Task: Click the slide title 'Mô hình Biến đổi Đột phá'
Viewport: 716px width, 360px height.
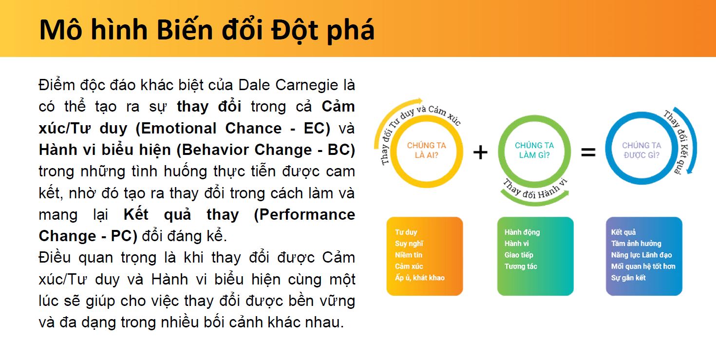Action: pyautogui.click(x=207, y=30)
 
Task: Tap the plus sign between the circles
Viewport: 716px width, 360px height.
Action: pyautogui.click(x=480, y=152)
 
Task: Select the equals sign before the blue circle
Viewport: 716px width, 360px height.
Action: pyautogui.click(x=588, y=152)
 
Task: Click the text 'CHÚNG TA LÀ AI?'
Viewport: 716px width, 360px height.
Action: pyautogui.click(x=426, y=150)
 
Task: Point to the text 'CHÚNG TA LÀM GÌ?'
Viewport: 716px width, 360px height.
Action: pyautogui.click(x=534, y=150)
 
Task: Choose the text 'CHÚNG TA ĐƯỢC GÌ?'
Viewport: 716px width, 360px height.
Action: pyautogui.click(x=641, y=150)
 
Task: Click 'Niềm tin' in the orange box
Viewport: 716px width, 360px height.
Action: pyautogui.click(x=409, y=255)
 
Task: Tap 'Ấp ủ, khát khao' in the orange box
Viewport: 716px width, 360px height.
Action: pyautogui.click(x=420, y=278)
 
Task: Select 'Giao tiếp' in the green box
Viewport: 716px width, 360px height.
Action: pyautogui.click(x=519, y=255)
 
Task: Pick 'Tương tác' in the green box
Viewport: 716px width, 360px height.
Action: pyautogui.click(x=521, y=266)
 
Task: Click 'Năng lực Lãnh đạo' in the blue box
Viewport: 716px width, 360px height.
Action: pyautogui.click(x=641, y=255)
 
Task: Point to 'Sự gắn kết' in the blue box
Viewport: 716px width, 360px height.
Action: pyautogui.click(x=628, y=278)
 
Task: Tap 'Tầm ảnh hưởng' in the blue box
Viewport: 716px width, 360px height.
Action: pyautogui.click(x=636, y=243)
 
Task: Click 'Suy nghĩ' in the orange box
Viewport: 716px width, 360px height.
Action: pyautogui.click(x=409, y=244)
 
